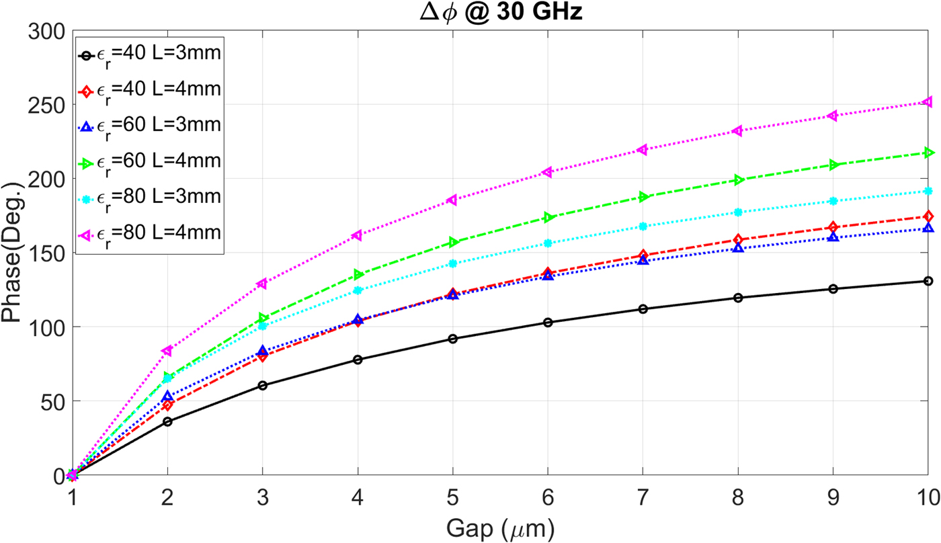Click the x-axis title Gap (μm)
[x=501, y=530]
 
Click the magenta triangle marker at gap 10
[x=928, y=102]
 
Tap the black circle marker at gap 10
[x=928, y=281]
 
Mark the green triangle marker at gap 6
[x=548, y=218]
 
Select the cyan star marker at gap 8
[x=738, y=212]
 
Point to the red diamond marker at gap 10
[x=928, y=216]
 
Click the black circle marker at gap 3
[x=262, y=385]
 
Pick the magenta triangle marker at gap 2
[x=167, y=351]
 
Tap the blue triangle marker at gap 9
[x=833, y=237]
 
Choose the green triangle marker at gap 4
[x=358, y=275]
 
